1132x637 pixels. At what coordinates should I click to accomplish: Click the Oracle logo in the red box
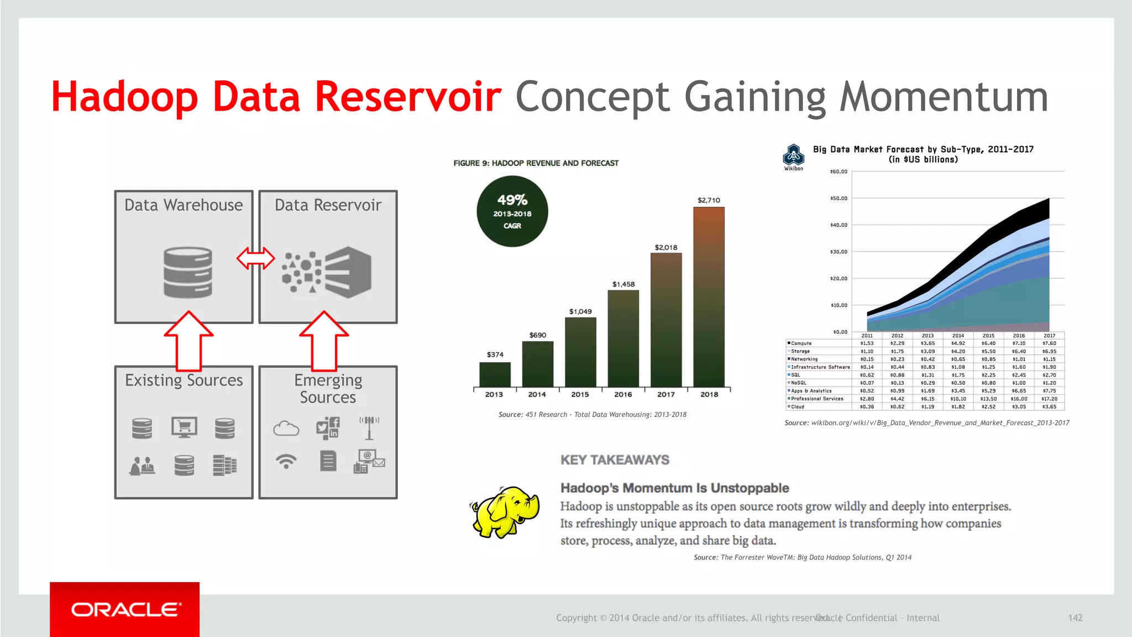pos(125,609)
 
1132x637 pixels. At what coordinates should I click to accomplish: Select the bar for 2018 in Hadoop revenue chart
pos(709,297)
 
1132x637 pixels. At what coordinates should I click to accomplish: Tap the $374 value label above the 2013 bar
pos(495,354)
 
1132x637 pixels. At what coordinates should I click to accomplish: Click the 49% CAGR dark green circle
pos(512,211)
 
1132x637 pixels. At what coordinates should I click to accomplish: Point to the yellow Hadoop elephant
pos(505,511)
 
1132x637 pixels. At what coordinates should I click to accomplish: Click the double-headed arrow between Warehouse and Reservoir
pos(255,258)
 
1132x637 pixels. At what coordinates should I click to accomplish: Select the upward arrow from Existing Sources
pos(188,340)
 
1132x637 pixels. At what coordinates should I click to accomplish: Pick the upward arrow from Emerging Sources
pos(324,340)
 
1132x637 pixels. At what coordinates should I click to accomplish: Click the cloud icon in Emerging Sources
pos(286,428)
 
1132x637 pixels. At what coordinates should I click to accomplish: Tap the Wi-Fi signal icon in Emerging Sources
pos(286,461)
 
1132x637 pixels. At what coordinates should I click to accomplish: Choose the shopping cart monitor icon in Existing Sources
pos(184,427)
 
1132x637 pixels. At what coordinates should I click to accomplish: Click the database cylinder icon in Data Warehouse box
pos(188,273)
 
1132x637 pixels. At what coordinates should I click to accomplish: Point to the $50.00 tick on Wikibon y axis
pos(838,198)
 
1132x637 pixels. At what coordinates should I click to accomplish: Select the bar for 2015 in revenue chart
pos(580,352)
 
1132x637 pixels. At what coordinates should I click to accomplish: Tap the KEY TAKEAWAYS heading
pos(615,460)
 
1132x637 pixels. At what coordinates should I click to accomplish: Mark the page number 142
pos(1075,618)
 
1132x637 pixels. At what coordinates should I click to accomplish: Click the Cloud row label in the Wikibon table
pos(798,406)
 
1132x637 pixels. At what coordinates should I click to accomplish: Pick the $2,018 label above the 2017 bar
pos(665,247)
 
